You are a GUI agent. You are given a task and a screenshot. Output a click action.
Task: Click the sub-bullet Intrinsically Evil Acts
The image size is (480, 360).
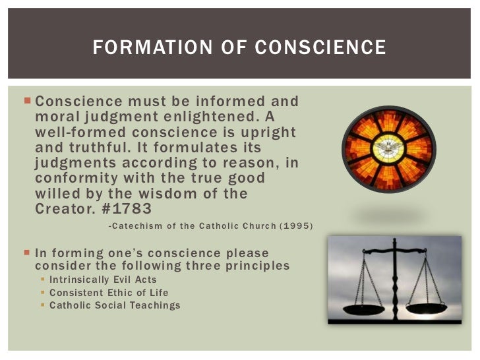pyautogui.click(x=104, y=280)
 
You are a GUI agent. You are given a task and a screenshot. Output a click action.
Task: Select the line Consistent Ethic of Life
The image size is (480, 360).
pyautogui.click(x=109, y=293)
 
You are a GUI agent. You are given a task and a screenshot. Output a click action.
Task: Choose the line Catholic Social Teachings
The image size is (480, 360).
pyautogui.click(x=115, y=305)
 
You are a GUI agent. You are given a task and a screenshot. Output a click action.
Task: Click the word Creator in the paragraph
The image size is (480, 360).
pyautogui.click(x=63, y=208)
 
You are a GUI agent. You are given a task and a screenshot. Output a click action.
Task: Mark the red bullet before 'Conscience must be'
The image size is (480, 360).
pyautogui.click(x=26, y=102)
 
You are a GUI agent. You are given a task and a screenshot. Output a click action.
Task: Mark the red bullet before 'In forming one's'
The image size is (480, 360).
pyautogui.click(x=26, y=253)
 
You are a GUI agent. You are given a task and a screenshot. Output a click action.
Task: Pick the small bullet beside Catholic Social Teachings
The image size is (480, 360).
pyautogui.click(x=44, y=305)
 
